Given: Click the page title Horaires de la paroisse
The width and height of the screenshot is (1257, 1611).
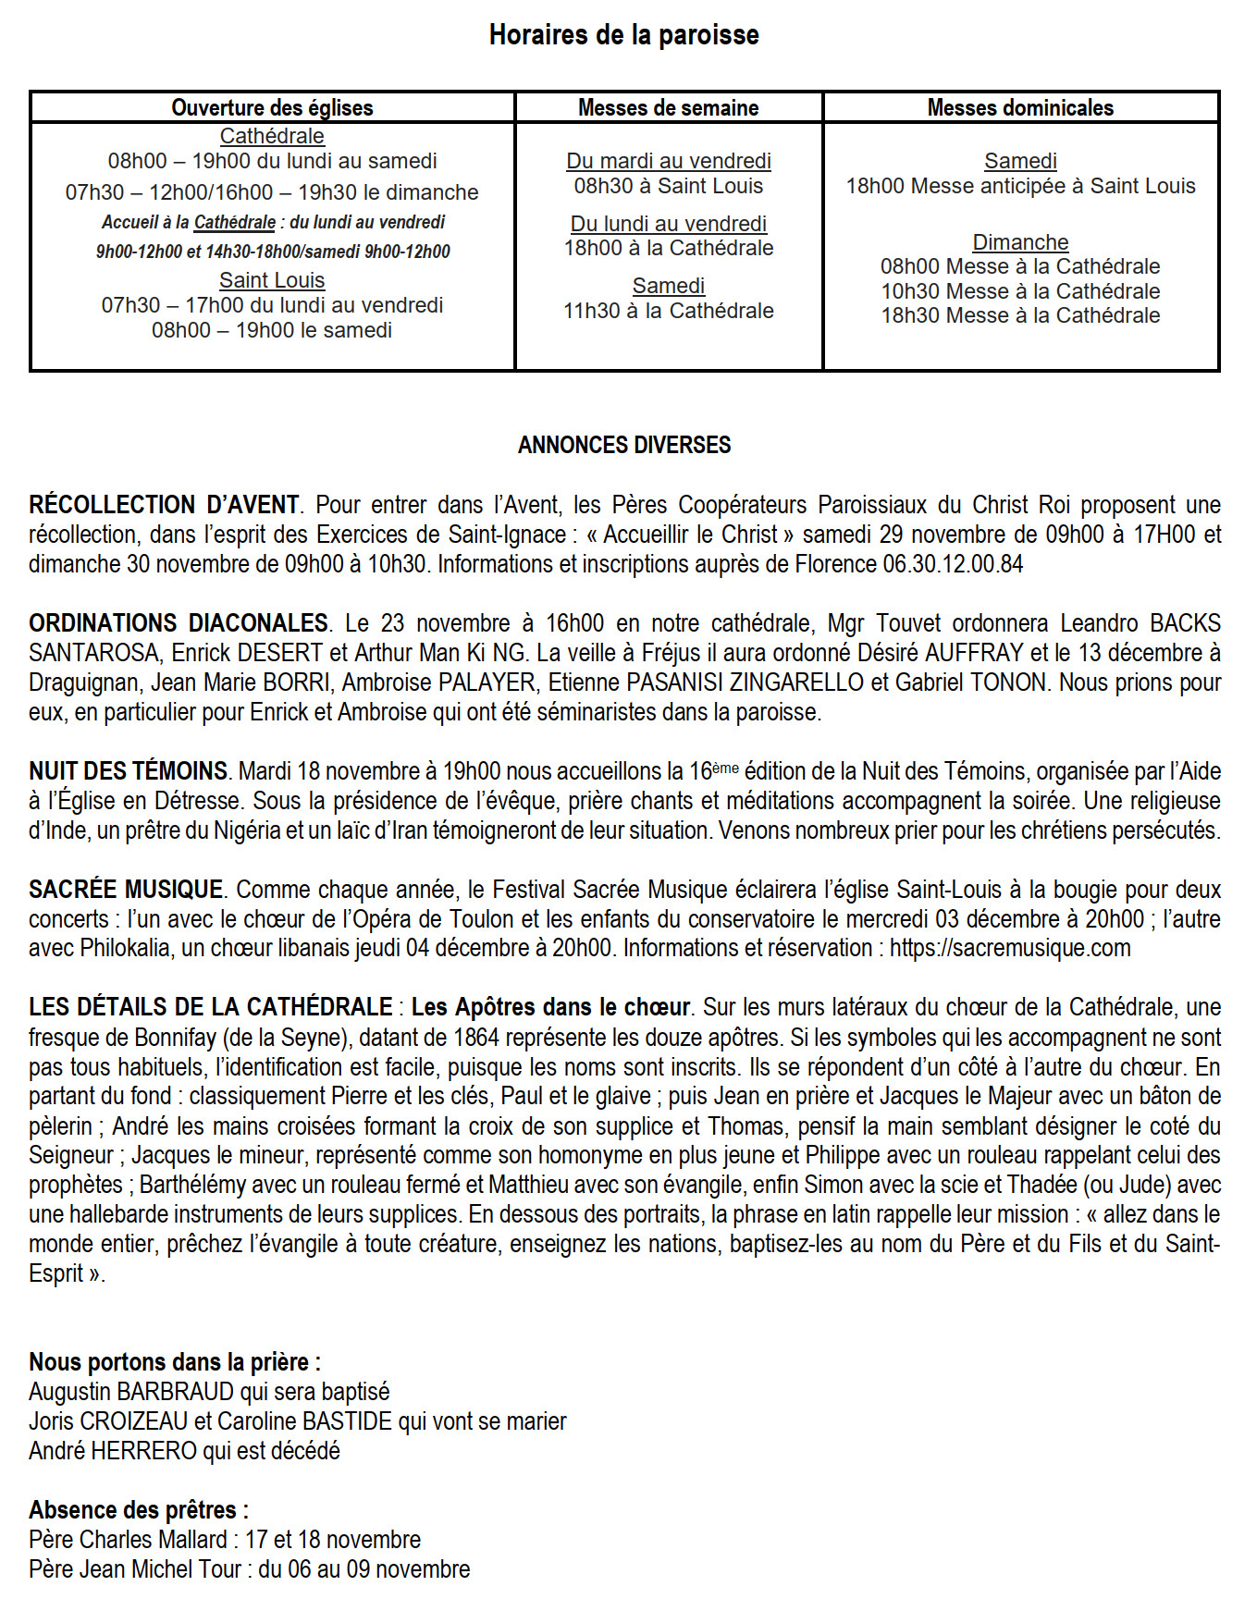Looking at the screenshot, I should tap(623, 35).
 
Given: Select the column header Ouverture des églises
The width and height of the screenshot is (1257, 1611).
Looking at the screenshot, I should tap(272, 107).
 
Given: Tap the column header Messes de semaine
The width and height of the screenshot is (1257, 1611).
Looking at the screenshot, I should tap(668, 107).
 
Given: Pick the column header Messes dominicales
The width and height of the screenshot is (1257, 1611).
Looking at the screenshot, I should tap(1020, 107).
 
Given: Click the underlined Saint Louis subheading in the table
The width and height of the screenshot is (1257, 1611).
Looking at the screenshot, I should tap(272, 280).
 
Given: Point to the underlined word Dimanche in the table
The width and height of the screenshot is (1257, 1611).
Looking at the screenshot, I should tap(1020, 242).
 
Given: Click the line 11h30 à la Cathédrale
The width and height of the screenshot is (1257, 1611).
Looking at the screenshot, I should tap(668, 311).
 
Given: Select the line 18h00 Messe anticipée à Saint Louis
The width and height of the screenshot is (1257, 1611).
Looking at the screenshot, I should tap(1020, 186).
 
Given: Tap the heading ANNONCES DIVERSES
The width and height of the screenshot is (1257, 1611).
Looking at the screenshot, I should tap(623, 445).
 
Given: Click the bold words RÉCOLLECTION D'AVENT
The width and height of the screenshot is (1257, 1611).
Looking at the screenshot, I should tap(164, 505).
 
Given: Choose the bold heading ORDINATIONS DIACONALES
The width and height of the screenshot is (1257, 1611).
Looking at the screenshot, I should tap(179, 623).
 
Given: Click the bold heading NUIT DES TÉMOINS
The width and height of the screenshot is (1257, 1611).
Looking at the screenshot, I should tap(129, 771).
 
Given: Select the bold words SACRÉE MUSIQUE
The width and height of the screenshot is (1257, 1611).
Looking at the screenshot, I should tap(126, 890).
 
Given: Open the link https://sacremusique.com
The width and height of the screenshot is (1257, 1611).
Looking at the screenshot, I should tap(1010, 949).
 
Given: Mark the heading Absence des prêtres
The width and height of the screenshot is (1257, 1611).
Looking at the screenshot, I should tap(139, 1510).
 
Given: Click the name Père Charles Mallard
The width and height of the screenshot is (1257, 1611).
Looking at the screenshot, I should tap(128, 1540).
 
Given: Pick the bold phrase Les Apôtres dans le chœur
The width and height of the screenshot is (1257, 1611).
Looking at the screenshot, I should tap(550, 1007).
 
